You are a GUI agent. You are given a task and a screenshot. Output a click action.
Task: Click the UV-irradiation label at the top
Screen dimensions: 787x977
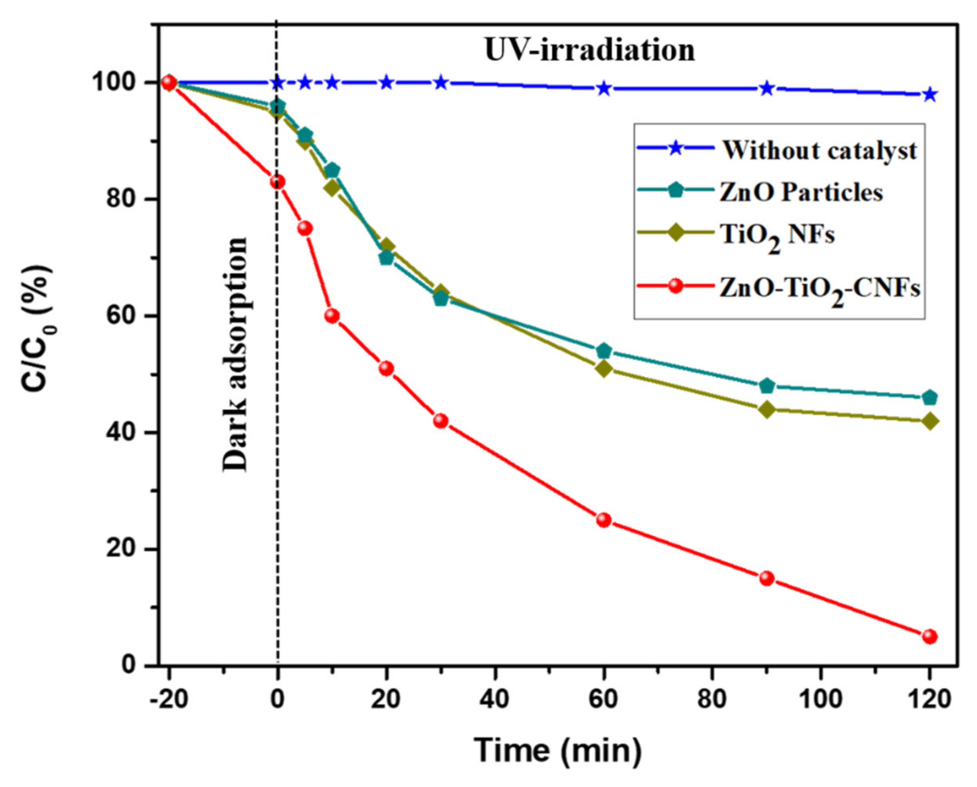coord(589,50)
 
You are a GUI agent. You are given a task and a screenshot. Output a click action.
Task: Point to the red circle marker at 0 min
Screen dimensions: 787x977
coord(277,182)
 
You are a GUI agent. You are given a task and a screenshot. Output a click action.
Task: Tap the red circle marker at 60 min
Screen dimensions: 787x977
coord(603,520)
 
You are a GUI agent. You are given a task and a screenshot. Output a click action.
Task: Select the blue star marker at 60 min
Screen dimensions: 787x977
coord(603,88)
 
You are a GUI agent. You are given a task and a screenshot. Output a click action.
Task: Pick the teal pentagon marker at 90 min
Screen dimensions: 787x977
coord(766,386)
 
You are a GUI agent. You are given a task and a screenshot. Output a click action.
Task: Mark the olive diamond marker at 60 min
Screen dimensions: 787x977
coord(603,369)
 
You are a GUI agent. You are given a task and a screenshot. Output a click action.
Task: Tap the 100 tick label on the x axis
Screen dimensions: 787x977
coord(821,699)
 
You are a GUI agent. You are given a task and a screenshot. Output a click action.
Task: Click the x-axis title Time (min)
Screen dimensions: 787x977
coord(557,750)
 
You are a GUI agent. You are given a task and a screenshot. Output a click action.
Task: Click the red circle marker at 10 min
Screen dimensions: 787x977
coord(332,315)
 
